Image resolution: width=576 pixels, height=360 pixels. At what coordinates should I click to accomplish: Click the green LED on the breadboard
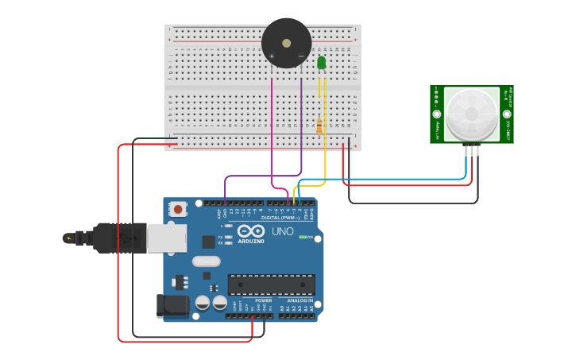pyautogui.click(x=322, y=63)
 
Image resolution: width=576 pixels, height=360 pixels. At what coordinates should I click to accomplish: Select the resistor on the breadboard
pyautogui.click(x=319, y=126)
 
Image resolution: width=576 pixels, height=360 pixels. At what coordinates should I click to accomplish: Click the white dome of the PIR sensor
pyautogui.click(x=472, y=114)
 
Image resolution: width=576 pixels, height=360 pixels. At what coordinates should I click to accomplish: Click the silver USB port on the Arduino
pyautogui.click(x=167, y=238)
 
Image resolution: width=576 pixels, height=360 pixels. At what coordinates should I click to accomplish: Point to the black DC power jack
pyautogui.click(x=173, y=304)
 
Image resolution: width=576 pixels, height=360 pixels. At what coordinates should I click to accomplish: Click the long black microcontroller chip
pyautogui.click(x=271, y=285)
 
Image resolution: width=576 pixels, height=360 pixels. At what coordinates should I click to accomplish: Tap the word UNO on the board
pyautogui.click(x=283, y=231)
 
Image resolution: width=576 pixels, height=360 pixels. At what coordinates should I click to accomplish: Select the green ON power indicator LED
pyautogui.click(x=302, y=237)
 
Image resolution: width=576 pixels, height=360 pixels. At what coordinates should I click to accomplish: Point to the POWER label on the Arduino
pyautogui.click(x=263, y=300)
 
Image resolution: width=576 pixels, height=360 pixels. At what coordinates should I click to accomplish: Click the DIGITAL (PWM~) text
pyautogui.click(x=280, y=217)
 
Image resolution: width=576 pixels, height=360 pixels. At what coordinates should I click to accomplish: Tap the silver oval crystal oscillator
pyautogui.click(x=206, y=261)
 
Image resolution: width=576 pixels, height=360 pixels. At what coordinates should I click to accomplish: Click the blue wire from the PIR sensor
pyautogui.click(x=381, y=180)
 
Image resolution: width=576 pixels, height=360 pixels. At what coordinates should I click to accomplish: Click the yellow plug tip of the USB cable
pyautogui.click(x=68, y=238)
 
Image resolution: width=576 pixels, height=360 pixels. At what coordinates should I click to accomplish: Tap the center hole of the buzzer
pyautogui.click(x=286, y=40)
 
